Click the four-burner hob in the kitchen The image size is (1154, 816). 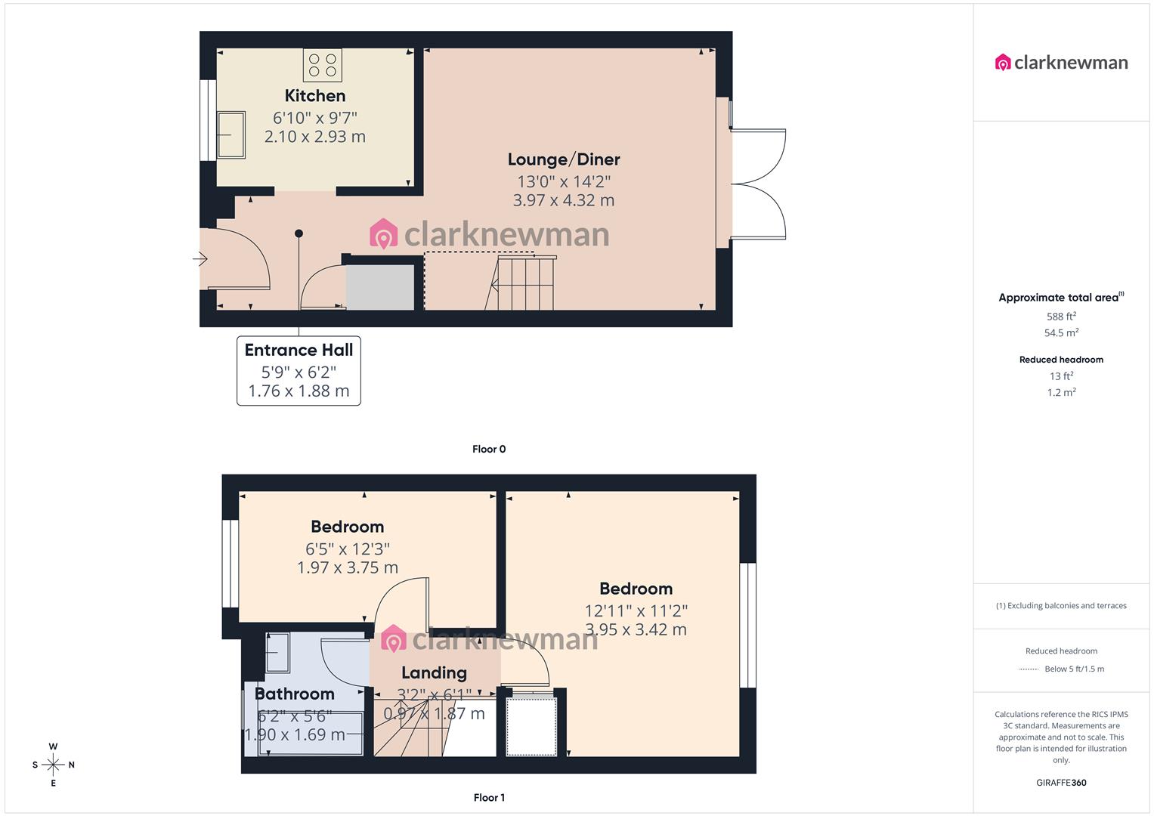pyautogui.click(x=323, y=65)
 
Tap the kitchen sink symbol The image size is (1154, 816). pyautogui.click(x=231, y=135)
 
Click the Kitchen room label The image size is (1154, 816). pyautogui.click(x=315, y=96)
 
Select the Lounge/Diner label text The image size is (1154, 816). pyautogui.click(x=564, y=159)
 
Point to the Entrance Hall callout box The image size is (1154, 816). pyautogui.click(x=299, y=370)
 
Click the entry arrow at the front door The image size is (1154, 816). pyautogui.click(x=200, y=259)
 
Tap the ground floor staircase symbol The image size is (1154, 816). pyautogui.click(x=525, y=283)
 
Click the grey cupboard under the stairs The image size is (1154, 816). pyautogui.click(x=380, y=287)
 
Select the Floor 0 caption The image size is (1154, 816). pyautogui.click(x=489, y=449)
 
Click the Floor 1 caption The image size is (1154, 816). pyautogui.click(x=489, y=797)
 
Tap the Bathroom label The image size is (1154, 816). pyautogui.click(x=294, y=694)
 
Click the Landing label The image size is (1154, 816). pyautogui.click(x=434, y=672)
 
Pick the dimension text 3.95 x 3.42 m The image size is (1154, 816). pyautogui.click(x=636, y=629)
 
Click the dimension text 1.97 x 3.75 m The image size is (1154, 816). pyautogui.click(x=348, y=567)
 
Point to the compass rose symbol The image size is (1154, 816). pyautogui.click(x=53, y=765)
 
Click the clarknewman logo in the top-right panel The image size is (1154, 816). pyautogui.click(x=1061, y=63)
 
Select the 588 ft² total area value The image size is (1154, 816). pyautogui.click(x=1061, y=317)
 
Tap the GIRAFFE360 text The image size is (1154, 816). pyautogui.click(x=1061, y=783)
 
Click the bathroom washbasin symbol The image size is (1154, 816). pyautogui.click(x=277, y=653)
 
